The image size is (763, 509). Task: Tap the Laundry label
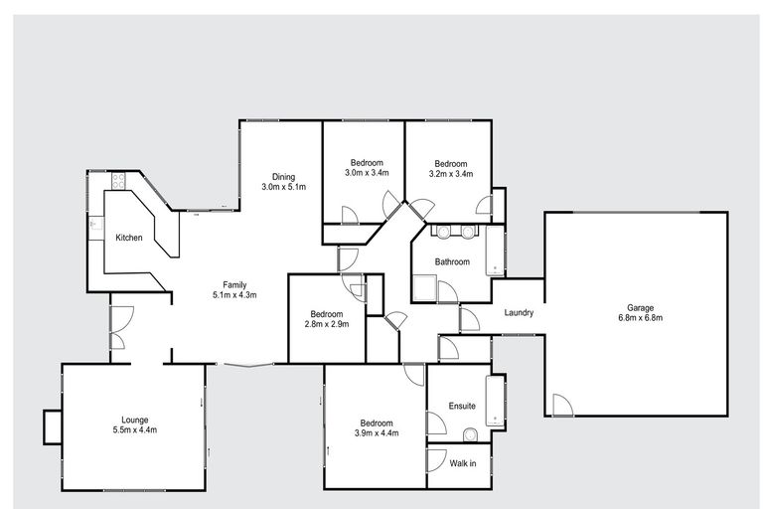click(x=519, y=313)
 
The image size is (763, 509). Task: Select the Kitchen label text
click(x=129, y=238)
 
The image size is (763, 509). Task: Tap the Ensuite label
click(x=462, y=406)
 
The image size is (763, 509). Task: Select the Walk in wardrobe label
click(x=463, y=463)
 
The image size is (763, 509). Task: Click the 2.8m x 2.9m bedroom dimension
click(x=327, y=323)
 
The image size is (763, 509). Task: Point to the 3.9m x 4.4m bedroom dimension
click(x=376, y=432)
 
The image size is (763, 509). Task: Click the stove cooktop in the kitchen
click(x=118, y=181)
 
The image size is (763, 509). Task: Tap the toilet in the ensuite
click(x=471, y=434)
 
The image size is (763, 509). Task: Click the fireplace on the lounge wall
click(x=52, y=427)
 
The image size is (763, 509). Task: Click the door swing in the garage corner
click(x=561, y=406)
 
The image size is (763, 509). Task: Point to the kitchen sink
click(x=94, y=225)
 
